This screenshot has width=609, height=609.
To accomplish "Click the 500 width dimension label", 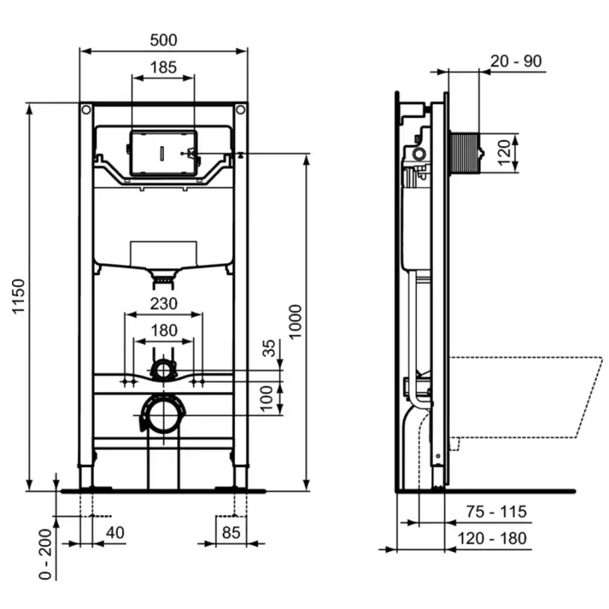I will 163,40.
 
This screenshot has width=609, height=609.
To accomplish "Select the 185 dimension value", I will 163,68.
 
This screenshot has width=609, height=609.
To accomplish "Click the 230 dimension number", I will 163,304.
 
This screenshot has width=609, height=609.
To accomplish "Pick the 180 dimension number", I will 163,330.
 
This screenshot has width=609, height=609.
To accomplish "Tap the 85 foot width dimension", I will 231,532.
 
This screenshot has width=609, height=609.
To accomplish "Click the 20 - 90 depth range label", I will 516,61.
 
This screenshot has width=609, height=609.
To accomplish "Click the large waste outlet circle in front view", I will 163,415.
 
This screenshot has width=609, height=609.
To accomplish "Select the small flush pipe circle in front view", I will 163,369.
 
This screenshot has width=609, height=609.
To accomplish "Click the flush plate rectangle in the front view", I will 162,153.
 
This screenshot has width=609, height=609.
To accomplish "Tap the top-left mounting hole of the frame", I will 86,110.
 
